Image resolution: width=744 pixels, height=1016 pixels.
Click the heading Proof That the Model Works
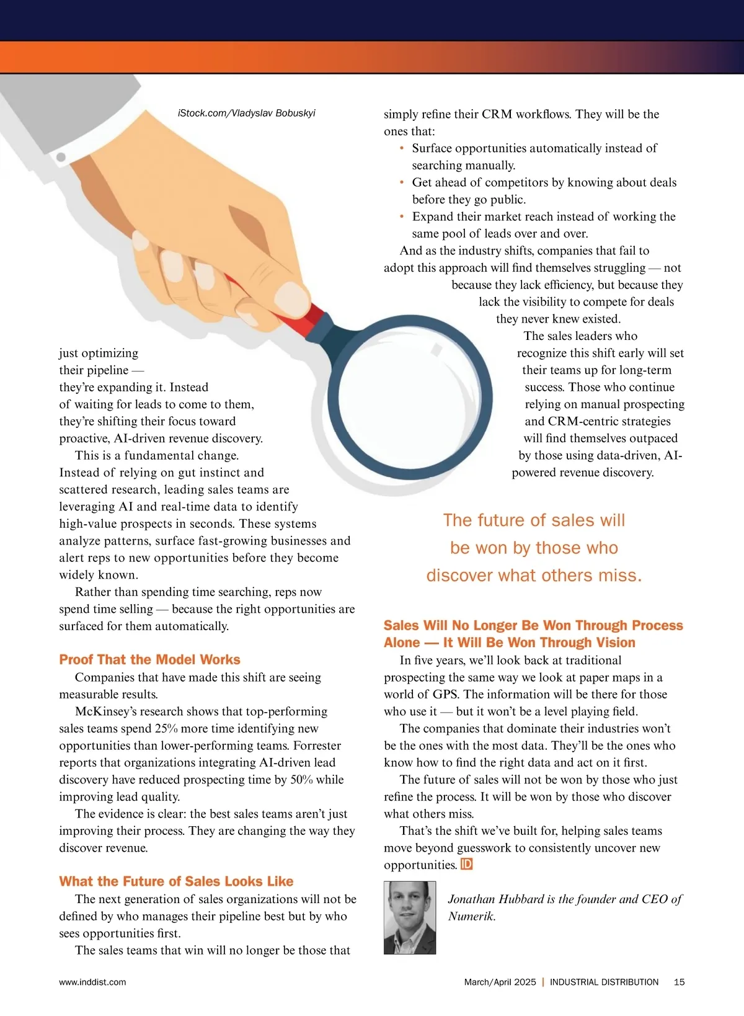149,659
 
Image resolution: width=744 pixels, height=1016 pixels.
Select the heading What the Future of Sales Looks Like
176,881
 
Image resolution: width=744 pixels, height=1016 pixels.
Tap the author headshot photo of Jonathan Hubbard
410,917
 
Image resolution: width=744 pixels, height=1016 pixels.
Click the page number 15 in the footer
679,982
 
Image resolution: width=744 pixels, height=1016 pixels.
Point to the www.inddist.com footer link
92,982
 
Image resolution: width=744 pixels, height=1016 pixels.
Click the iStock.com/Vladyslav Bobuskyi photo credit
246,113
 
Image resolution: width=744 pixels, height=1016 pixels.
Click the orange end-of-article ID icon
467,864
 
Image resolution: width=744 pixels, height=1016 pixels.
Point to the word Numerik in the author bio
471,916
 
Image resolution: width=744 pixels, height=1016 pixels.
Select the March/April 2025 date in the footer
500,982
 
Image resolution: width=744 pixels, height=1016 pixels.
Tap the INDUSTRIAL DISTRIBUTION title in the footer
604,982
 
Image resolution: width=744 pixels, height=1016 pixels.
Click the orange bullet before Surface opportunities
402,148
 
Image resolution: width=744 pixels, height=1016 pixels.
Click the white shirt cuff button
61,158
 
